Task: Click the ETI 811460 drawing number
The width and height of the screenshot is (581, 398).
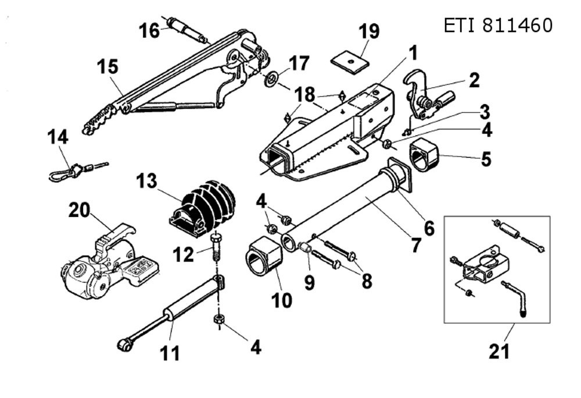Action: [x=498, y=26]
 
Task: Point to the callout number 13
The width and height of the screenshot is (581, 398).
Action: [x=147, y=180]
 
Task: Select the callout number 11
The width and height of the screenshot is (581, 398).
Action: [x=170, y=353]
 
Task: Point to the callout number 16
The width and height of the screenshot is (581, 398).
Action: [x=149, y=30]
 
